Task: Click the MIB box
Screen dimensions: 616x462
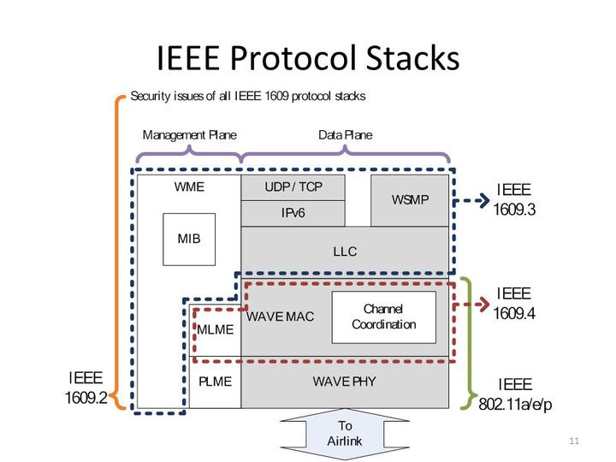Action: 189,240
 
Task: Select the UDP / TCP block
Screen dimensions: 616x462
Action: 293,187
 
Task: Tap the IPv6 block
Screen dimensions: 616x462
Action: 293,213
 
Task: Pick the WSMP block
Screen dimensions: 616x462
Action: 410,200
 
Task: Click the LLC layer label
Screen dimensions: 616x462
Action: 345,252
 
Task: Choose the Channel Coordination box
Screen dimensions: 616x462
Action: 384,317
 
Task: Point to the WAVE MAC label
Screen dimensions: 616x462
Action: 280,317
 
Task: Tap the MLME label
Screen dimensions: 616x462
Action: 216,329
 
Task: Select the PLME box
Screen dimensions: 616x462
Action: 216,382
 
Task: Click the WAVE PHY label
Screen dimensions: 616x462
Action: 345,382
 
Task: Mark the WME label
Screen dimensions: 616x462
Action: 189,187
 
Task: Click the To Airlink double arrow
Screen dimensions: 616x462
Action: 345,434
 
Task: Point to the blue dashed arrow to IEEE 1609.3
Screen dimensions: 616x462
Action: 471,201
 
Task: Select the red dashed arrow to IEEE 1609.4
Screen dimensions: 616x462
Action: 471,305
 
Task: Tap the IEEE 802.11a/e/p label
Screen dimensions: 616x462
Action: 515,394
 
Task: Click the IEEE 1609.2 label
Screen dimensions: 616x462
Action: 86,388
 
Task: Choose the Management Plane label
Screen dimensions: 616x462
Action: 189,135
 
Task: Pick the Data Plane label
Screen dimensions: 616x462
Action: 346,135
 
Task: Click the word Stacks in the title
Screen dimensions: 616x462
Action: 413,58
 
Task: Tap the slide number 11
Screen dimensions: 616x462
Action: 574,441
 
